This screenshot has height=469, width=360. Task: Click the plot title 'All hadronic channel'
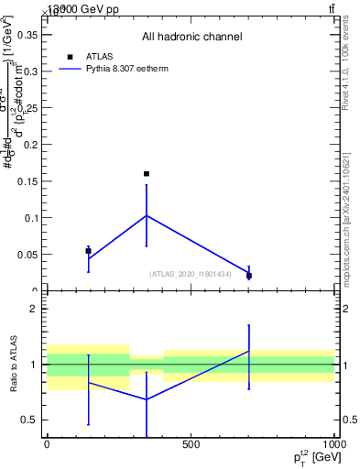[191, 38]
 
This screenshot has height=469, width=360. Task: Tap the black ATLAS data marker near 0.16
[146, 173]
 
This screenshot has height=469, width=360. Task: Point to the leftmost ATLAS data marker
[88, 250]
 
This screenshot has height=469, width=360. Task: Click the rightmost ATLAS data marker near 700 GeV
[248, 275]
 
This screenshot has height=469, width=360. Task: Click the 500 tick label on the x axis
[191, 444]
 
